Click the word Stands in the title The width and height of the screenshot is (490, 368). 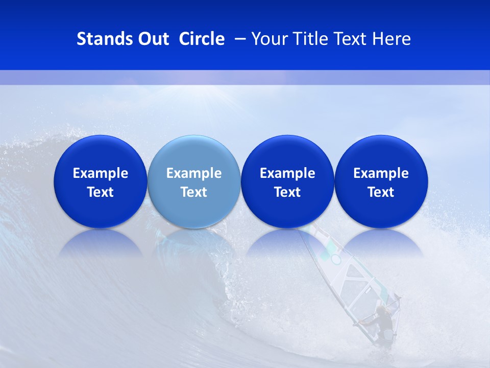pyautogui.click(x=104, y=39)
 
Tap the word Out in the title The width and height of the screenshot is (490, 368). pyautogui.click(x=152, y=39)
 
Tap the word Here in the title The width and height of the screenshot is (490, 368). pyautogui.click(x=391, y=39)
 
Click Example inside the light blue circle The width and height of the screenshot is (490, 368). pyautogui.click(x=194, y=173)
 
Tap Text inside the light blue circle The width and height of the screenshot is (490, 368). pyautogui.click(x=194, y=192)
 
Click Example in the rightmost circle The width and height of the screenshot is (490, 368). pyautogui.click(x=381, y=173)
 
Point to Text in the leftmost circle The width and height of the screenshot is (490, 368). pyautogui.click(x=101, y=192)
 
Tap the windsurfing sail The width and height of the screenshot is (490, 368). pyautogui.click(x=352, y=276)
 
